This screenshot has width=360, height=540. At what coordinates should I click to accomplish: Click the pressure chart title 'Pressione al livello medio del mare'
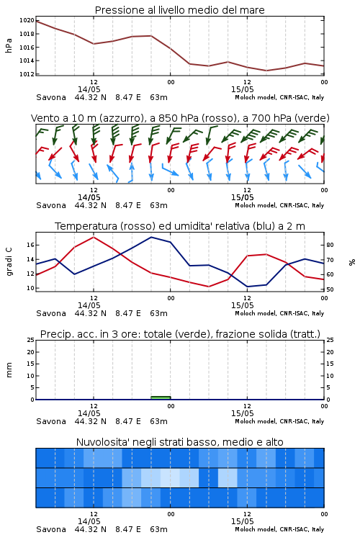pos(179,10)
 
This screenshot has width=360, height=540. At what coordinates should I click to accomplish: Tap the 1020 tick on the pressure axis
pos(27,20)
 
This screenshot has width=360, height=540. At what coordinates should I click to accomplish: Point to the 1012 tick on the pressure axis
pos(27,74)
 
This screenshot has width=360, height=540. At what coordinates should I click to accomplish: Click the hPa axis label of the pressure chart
pos(9,45)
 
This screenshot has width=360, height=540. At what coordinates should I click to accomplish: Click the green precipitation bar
pos(161,397)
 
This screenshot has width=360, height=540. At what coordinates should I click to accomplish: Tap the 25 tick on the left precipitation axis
pos(31,340)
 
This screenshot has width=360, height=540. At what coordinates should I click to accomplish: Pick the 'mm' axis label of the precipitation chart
pos(9,370)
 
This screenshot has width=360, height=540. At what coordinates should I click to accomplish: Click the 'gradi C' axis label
pos(9,261)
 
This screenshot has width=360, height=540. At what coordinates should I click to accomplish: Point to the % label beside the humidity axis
pos(352,262)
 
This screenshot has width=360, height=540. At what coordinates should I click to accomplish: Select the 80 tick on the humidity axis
pos(330,246)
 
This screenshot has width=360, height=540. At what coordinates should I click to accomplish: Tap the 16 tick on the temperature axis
pos(31,246)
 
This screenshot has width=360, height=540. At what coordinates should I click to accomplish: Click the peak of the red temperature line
pos(94,237)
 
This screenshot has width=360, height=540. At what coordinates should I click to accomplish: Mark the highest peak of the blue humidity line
pos(151,237)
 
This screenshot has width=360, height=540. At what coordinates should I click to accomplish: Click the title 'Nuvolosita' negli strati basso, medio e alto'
pos(179,442)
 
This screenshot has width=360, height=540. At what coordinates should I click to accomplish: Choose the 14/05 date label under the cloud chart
pos(89,521)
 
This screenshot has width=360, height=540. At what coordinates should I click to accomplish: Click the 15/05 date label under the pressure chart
pos(242,89)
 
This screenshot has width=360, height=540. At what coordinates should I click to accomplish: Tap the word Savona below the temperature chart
pos(51,313)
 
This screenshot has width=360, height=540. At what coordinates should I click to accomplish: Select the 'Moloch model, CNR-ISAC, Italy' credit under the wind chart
pos(279,206)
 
